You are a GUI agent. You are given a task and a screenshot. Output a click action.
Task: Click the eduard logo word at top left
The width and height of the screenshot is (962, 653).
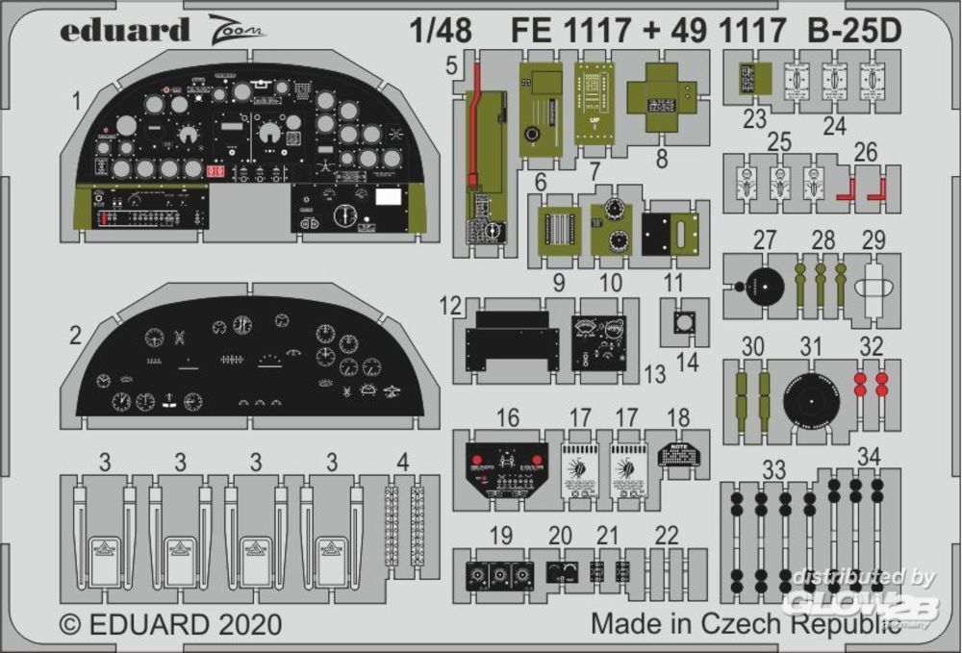[x=125, y=30]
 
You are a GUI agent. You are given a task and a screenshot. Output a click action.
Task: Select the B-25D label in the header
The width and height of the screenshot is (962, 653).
[x=855, y=32]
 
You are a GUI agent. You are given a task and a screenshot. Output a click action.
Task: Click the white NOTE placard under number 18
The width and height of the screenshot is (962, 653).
[x=678, y=453]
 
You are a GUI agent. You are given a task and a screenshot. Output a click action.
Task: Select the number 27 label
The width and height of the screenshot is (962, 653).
[x=764, y=239]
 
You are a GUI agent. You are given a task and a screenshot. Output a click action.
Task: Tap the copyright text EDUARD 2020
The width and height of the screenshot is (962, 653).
[x=171, y=623]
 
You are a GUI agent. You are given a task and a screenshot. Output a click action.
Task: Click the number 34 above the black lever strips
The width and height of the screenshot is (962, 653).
[x=868, y=455]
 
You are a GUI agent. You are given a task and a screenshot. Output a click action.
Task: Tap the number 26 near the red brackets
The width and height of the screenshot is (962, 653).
[x=866, y=152]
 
